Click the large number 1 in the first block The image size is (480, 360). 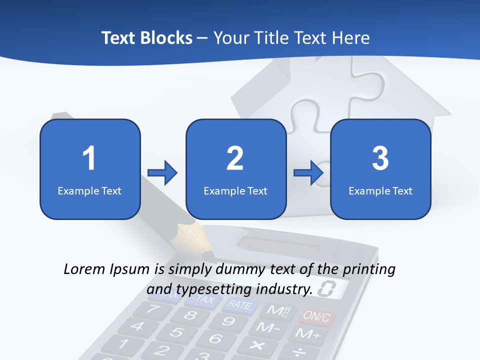(x=89, y=158)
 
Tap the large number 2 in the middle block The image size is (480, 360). (x=235, y=158)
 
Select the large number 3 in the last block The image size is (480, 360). (x=380, y=158)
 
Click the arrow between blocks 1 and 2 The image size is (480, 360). (x=162, y=173)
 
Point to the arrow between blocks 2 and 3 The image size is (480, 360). (x=308, y=173)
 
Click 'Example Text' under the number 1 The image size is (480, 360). (x=89, y=190)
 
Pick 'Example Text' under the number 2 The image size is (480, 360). (x=235, y=190)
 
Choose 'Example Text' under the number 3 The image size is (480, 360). (x=380, y=190)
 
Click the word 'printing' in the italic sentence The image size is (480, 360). (x=369, y=269)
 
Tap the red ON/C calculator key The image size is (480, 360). (x=316, y=316)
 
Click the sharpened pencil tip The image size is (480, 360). (x=205, y=250)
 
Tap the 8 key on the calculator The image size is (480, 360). (x=190, y=315)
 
